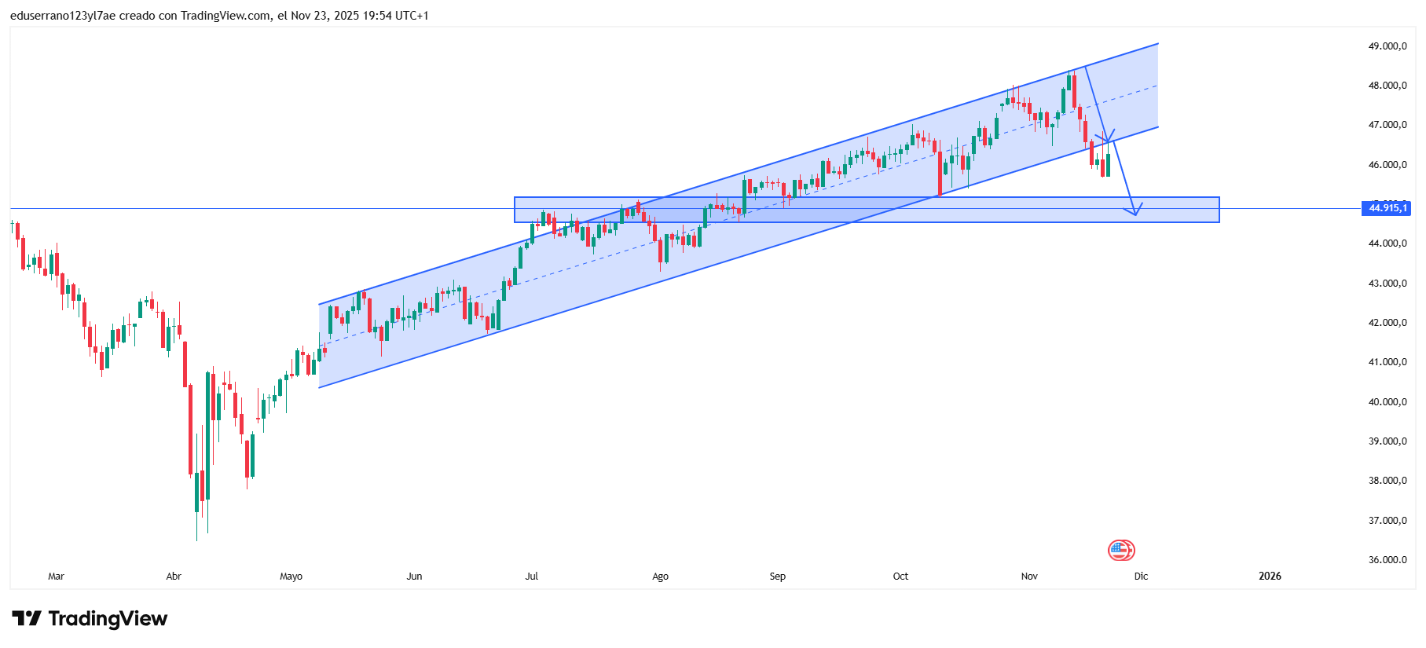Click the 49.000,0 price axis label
click(x=1387, y=46)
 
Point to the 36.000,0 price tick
click(x=1387, y=560)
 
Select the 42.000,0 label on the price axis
click(x=1387, y=323)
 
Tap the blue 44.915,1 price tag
click(x=1387, y=208)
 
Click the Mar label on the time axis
click(x=56, y=577)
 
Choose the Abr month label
click(x=174, y=577)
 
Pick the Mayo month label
click(x=291, y=577)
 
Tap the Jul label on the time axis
click(x=532, y=577)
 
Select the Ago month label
click(x=660, y=577)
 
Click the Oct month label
click(x=900, y=577)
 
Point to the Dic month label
click(x=1141, y=577)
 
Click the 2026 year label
click(x=1270, y=577)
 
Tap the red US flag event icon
click(x=1120, y=550)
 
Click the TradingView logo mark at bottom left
click(x=27, y=619)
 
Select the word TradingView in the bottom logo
click(x=108, y=619)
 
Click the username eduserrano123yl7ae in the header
click(x=63, y=16)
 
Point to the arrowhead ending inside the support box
click(x=1135, y=213)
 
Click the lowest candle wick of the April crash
click(x=196, y=538)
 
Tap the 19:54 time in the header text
click(x=376, y=16)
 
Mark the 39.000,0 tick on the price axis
click(x=1387, y=441)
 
